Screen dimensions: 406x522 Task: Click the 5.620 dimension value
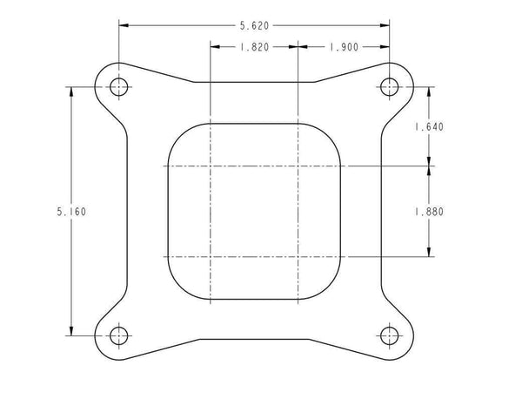pyautogui.click(x=253, y=25)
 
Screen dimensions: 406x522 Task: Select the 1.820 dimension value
pyautogui.click(x=253, y=49)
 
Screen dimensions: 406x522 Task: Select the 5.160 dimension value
pyautogui.click(x=69, y=211)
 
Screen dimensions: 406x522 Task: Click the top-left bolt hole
pyautogui.click(x=120, y=86)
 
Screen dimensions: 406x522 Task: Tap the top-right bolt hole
pyautogui.click(x=389, y=86)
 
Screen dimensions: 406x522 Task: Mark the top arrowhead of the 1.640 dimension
pyautogui.click(x=430, y=91)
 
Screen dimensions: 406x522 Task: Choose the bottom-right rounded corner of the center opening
pyautogui.click(x=330, y=289)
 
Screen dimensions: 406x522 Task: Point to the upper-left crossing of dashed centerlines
pyautogui.click(x=211, y=166)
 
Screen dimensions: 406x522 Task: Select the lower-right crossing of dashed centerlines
pyautogui.click(x=298, y=257)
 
